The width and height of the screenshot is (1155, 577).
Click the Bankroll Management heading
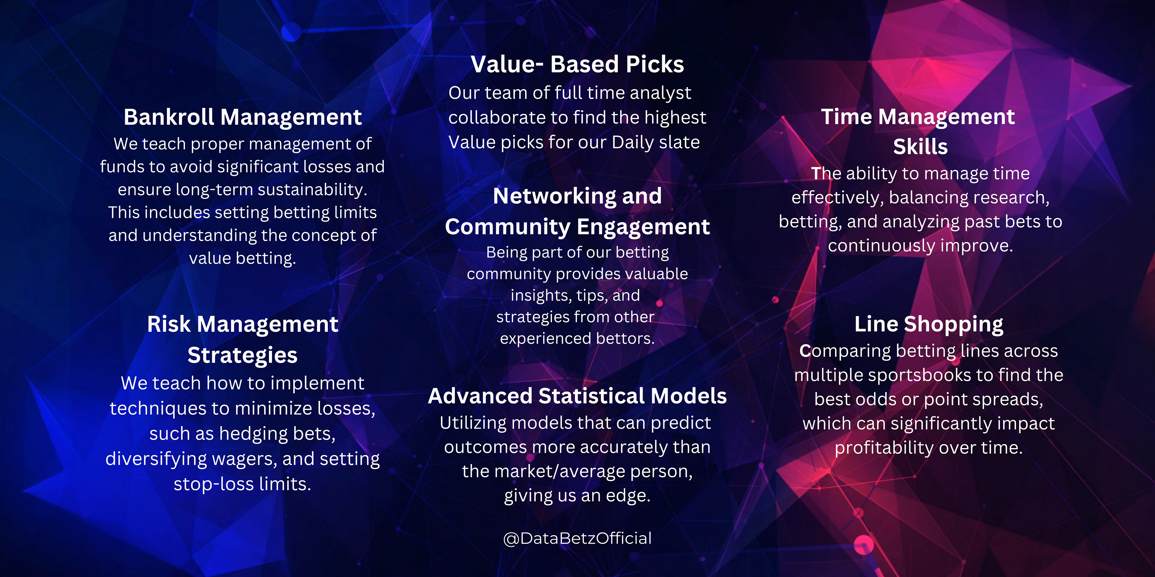(x=242, y=118)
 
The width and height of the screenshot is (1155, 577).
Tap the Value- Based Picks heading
(x=577, y=64)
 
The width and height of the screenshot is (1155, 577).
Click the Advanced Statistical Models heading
(x=577, y=396)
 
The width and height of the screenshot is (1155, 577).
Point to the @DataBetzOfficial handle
(x=577, y=538)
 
